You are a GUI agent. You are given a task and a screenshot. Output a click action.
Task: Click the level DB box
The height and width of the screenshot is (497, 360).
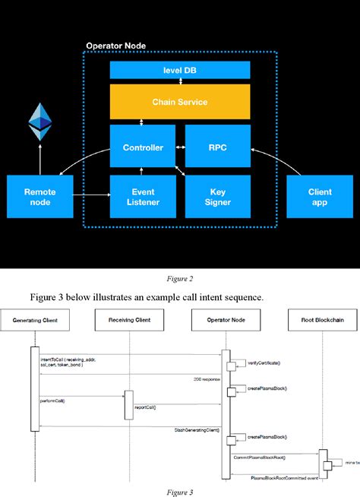coord(179,70)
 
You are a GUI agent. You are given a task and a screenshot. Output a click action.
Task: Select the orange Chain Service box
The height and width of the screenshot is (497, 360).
coord(179,101)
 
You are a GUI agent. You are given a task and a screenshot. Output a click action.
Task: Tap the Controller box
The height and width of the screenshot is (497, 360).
coord(143,147)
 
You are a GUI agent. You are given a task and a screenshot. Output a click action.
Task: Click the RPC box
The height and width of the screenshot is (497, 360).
coord(217,147)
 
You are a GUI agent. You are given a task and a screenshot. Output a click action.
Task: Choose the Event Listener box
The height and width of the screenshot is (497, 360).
coord(143,198)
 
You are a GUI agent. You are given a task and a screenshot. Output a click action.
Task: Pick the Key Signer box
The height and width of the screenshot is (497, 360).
coord(217,198)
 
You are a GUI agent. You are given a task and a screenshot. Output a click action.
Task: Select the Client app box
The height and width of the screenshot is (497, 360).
coord(320,198)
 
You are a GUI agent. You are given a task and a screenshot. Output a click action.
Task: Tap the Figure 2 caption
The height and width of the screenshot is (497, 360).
coord(179,279)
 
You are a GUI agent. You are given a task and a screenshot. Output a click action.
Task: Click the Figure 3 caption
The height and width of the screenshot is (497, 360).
coord(179,491)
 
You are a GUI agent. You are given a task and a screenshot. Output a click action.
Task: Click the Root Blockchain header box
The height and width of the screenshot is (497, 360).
coord(327,321)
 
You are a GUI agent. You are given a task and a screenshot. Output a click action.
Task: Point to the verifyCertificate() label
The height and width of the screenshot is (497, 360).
coord(265,363)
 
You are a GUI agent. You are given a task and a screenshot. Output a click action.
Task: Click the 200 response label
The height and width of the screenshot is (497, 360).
coord(205,377)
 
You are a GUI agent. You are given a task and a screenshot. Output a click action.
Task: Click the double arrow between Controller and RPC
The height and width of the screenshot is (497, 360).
coord(180,147)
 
